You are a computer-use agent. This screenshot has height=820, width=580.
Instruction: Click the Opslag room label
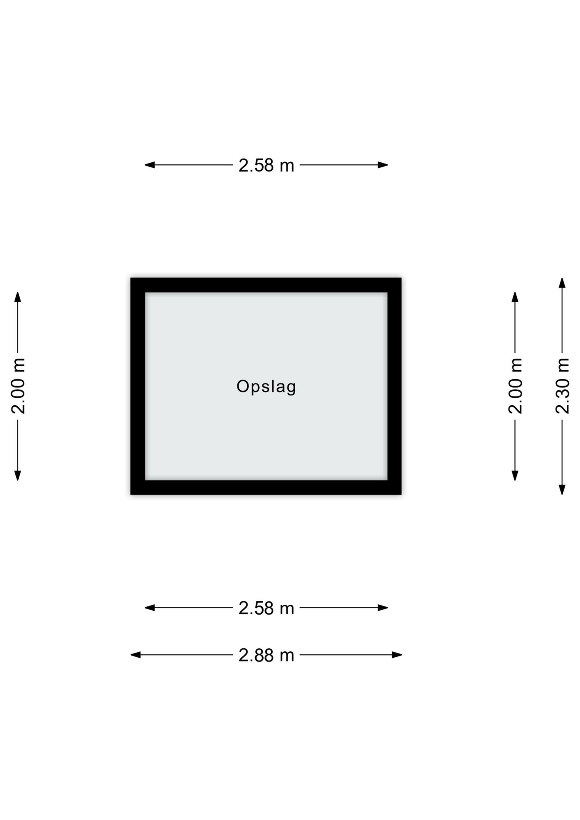[x=266, y=387]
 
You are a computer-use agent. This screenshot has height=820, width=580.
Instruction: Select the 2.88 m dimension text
[x=266, y=655]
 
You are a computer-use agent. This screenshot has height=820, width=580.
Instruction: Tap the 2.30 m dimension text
[x=562, y=386]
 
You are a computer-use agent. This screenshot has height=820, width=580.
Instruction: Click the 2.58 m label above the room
[x=266, y=165]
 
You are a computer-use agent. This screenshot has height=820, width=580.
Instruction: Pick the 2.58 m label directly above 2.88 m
[x=266, y=608]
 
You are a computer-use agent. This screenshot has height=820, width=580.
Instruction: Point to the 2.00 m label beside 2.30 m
[x=516, y=386]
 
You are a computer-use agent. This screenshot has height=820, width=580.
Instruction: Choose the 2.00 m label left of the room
[x=18, y=386]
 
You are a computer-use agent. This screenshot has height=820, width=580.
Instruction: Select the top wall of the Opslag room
[x=266, y=285]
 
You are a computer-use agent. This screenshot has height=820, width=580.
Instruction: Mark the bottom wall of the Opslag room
[x=266, y=487]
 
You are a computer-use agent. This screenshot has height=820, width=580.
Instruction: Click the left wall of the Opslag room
[x=138, y=386]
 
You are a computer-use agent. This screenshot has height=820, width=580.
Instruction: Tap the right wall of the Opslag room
[x=395, y=386]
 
